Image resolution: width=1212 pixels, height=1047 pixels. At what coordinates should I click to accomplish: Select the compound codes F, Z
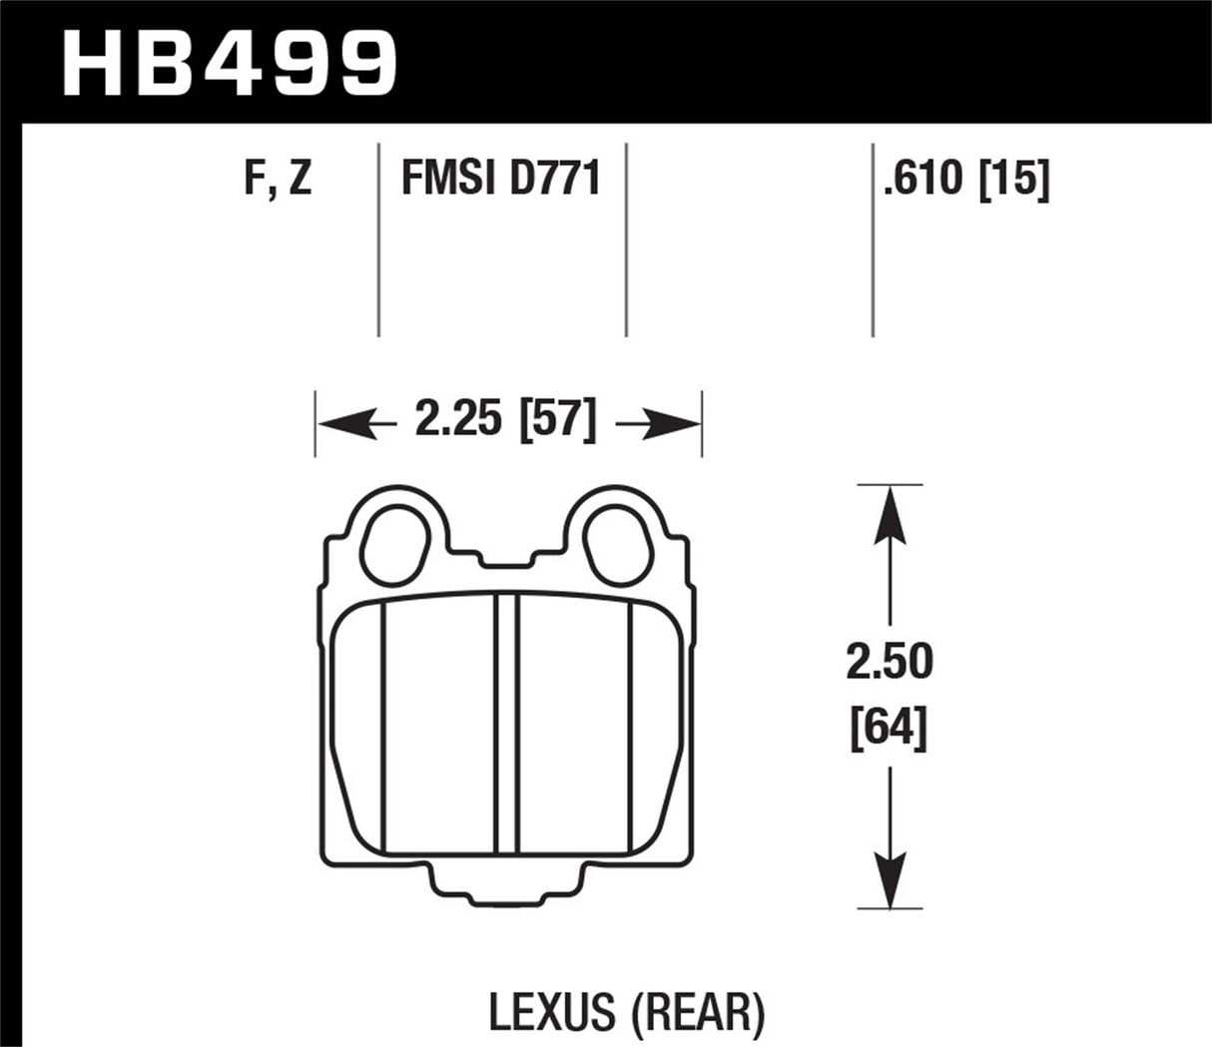(x=278, y=180)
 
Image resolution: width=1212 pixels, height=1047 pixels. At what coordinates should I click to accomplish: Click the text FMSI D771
(x=500, y=180)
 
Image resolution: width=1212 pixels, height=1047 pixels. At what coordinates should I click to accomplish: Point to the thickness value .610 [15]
(x=965, y=180)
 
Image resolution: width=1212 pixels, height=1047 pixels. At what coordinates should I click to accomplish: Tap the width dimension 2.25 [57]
(x=503, y=420)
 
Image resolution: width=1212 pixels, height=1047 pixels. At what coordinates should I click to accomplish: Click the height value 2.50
(x=889, y=663)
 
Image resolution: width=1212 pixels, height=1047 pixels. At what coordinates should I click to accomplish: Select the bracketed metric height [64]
(x=889, y=729)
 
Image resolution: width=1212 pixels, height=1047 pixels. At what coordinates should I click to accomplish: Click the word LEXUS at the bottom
(x=551, y=1012)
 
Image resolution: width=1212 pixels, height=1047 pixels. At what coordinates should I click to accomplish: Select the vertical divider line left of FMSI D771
(x=379, y=240)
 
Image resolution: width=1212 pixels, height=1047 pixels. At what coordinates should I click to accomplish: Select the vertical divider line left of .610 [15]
(x=873, y=240)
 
